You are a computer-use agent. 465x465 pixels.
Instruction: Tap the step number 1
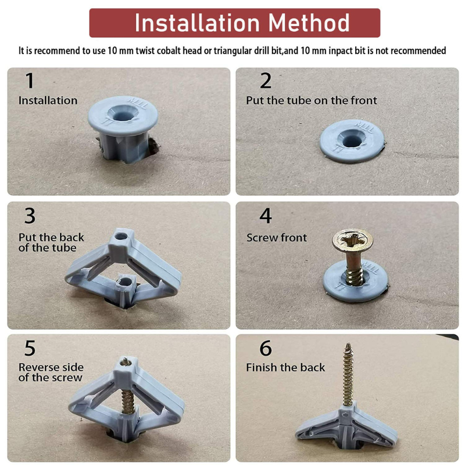(x=30, y=81)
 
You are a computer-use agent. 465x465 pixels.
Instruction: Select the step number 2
(x=266, y=81)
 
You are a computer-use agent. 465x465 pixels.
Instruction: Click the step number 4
(x=266, y=216)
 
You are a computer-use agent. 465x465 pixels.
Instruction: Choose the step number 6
(x=266, y=348)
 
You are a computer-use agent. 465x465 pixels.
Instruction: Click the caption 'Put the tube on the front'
(x=312, y=101)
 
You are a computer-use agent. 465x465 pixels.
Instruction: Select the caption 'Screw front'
(x=277, y=238)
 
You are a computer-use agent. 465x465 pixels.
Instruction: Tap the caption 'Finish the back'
(x=285, y=367)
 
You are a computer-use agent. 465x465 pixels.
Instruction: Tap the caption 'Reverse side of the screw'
(x=51, y=373)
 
